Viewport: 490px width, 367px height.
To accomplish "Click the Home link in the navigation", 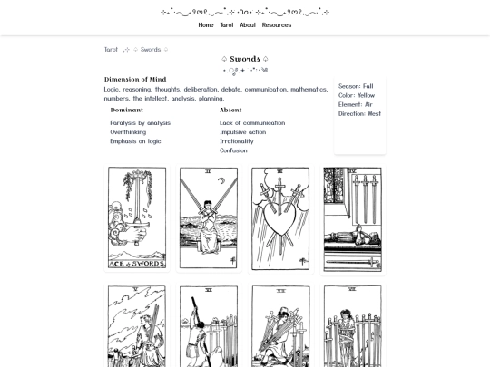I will point(206,25).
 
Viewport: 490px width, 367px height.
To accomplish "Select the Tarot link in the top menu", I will point(227,25).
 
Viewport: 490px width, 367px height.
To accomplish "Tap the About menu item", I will point(248,25).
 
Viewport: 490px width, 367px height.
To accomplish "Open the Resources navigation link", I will point(277,25).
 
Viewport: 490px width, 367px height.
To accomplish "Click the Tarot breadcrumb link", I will point(111,50).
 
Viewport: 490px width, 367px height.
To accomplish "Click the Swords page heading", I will point(245,59).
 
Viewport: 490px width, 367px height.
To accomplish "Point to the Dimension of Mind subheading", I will point(135,80).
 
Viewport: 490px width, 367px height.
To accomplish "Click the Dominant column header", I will point(126,110).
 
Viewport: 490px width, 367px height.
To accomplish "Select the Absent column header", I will point(230,110).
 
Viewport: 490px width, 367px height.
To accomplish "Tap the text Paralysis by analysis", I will point(140,123).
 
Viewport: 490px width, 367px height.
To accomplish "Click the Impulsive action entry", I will point(242,132).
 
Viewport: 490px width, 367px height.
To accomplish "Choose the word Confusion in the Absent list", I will point(233,150).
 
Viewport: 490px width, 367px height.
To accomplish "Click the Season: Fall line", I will point(356,87).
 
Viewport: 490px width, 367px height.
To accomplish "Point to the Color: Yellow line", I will point(357,96).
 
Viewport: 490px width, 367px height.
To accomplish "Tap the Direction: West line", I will point(359,114).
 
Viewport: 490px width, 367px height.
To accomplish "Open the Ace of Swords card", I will point(136,217).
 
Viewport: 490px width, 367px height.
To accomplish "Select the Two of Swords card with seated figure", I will point(208,217).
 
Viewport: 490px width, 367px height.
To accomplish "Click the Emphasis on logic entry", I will point(135,141).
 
